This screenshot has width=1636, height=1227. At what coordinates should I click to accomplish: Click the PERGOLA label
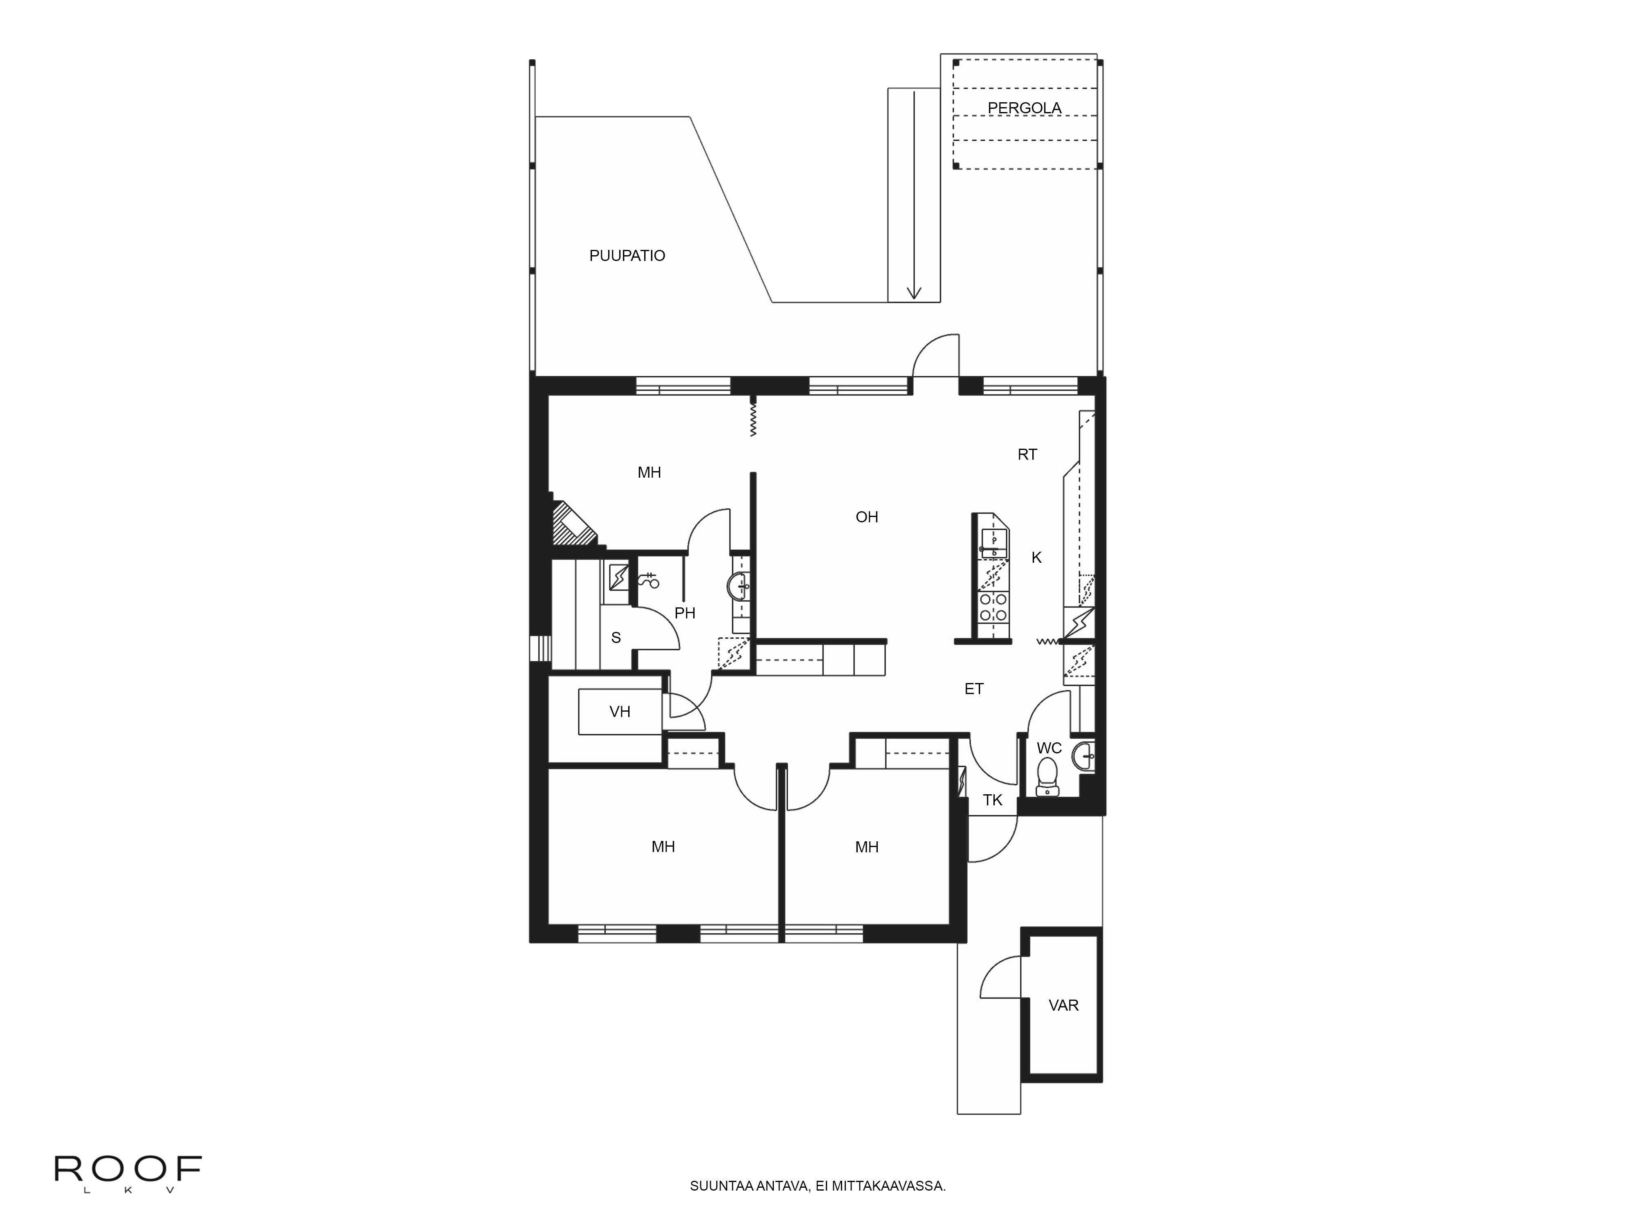[1025, 108]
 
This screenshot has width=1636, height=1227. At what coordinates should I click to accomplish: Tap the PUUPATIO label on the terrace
[627, 256]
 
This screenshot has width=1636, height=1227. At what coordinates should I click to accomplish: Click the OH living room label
[867, 517]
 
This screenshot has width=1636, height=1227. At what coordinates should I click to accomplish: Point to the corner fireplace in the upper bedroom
[573, 525]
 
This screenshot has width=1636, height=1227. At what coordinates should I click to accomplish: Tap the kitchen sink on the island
[993, 544]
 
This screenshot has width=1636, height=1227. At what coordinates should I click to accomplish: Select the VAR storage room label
[1063, 1006]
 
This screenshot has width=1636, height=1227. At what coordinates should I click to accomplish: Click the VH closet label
[620, 712]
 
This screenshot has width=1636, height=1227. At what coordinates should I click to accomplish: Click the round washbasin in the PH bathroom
[739, 588]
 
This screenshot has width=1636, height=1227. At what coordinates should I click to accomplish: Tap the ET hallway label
[974, 689]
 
